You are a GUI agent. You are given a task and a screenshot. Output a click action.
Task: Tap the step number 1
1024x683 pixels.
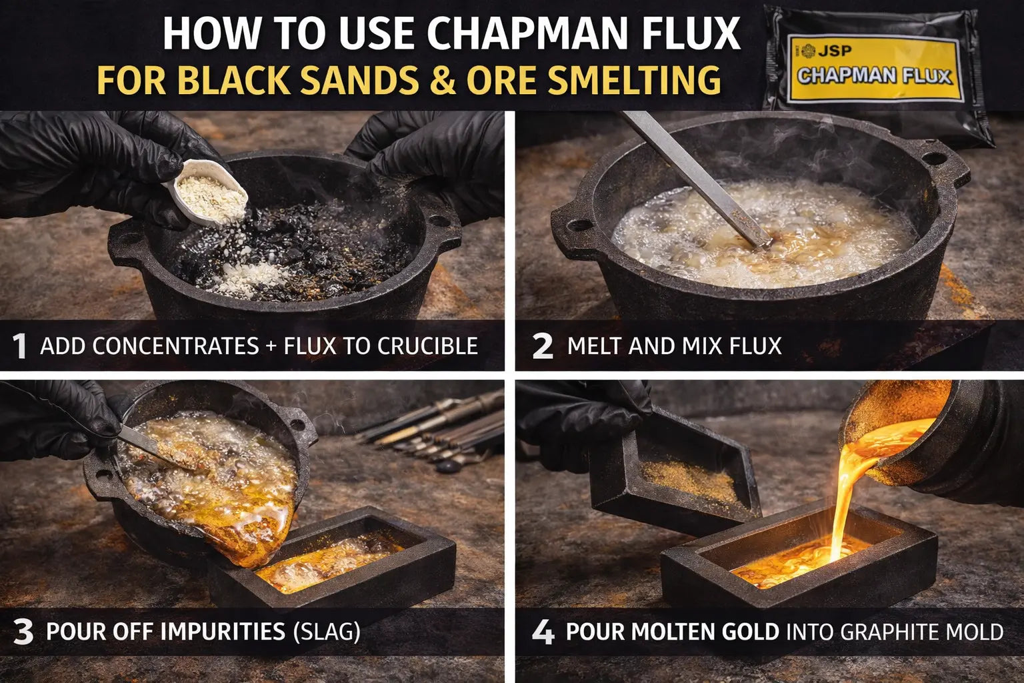click(x=20, y=346)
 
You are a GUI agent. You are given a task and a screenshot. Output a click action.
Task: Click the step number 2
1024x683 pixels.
click(x=543, y=346)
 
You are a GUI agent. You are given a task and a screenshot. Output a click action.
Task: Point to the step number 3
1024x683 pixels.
click(x=23, y=632)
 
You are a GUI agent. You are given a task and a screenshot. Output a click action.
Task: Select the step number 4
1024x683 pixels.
click(x=543, y=632)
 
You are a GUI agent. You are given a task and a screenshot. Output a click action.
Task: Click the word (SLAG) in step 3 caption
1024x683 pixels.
click(x=327, y=632)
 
